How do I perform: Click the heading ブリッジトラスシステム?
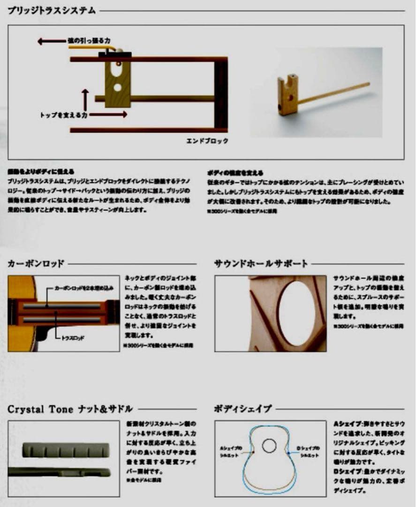click(52, 10)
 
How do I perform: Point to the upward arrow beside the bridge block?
click(85, 99)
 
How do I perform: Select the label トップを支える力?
click(63, 114)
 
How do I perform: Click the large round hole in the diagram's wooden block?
click(117, 87)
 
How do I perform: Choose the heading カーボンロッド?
click(36, 263)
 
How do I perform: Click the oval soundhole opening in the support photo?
click(296, 313)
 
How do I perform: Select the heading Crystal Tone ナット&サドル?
click(70, 409)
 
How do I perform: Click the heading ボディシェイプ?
click(242, 409)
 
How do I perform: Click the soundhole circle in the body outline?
click(269, 446)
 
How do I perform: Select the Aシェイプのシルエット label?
click(230, 452)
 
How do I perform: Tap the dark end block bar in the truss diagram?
click(221, 94)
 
